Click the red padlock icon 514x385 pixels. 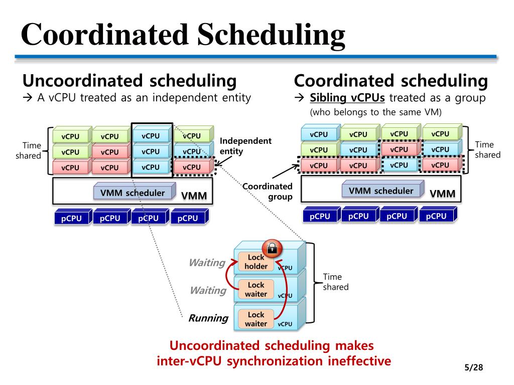click(272, 248)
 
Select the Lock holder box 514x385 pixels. click(256, 262)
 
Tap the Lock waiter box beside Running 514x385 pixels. click(256, 319)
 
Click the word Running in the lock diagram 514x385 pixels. click(208, 318)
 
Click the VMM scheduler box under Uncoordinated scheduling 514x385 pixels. click(133, 192)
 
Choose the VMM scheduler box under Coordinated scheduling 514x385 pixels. click(381, 190)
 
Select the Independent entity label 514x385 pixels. click(245, 146)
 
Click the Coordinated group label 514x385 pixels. click(268, 191)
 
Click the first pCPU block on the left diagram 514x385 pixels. click(72, 218)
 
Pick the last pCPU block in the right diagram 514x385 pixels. click(436, 216)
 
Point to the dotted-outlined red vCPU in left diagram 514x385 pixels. click(192, 167)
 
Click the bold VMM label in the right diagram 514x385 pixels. click(443, 194)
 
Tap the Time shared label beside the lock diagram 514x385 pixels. click(332, 282)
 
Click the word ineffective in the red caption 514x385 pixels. click(359, 361)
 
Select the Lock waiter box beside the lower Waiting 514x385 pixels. click(256, 290)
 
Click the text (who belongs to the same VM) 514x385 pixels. click(375, 112)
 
